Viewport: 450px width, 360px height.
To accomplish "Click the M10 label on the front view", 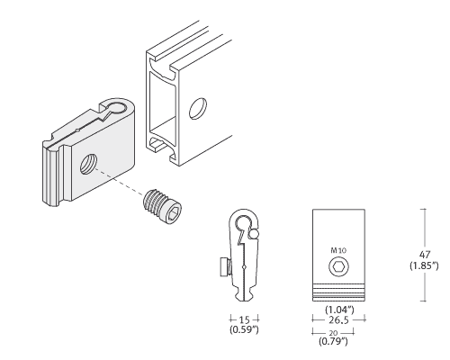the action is tap(338, 250).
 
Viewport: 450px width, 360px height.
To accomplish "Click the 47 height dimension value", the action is tap(425, 255).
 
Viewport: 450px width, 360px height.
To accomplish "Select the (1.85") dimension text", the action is tap(424, 265).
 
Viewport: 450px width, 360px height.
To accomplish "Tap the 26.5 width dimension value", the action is tap(338, 320).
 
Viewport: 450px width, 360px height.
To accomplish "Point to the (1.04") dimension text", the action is tap(339, 310).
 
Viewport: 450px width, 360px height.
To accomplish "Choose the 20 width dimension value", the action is tap(333, 333).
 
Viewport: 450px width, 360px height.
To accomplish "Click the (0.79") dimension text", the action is tap(333, 341).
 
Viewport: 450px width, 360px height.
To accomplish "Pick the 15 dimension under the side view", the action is tap(245, 319).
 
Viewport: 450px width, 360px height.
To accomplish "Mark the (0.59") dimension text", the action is tap(244, 329).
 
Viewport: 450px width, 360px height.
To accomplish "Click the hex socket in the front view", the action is tap(339, 266).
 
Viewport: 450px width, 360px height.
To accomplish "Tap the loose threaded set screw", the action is tap(162, 207).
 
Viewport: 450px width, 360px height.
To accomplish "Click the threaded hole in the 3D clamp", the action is tap(89, 164).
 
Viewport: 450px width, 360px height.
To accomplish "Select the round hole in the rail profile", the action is tap(198, 108).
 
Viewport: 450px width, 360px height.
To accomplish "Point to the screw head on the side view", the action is tap(225, 266).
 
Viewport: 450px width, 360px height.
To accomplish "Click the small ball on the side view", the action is tap(253, 234).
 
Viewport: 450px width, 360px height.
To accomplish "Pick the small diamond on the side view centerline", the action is tap(245, 266).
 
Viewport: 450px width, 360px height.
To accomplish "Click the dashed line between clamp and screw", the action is tap(119, 183).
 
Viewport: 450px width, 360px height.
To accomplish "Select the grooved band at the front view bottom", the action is tap(339, 292).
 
